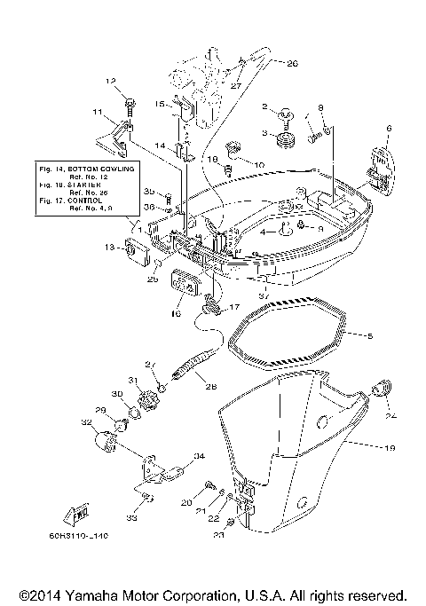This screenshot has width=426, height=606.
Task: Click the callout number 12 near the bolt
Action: tap(112, 81)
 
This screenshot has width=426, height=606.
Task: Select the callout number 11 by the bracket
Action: tap(99, 113)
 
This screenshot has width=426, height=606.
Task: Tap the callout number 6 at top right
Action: tap(388, 130)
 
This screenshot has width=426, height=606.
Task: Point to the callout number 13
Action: tap(109, 246)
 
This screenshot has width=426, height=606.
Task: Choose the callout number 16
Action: tap(175, 313)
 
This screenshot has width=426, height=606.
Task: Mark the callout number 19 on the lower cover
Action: tap(388, 449)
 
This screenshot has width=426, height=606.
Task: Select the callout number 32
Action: tap(86, 422)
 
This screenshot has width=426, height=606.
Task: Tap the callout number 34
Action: tap(199, 456)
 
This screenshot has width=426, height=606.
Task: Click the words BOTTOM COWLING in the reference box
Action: tap(100, 167)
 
